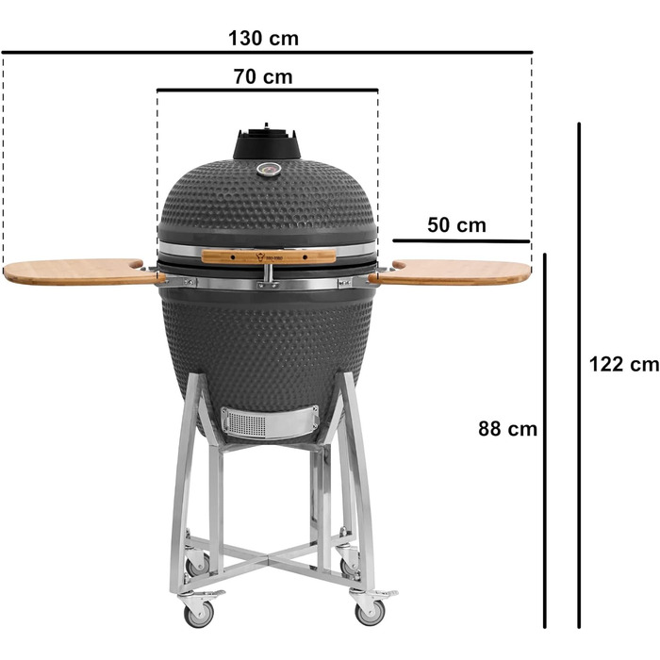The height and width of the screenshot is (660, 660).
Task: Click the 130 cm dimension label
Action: click(x=263, y=39)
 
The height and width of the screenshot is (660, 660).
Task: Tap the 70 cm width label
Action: click(x=263, y=76)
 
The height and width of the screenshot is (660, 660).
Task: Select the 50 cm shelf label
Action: click(x=456, y=225)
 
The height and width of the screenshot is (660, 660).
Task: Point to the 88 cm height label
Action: click(x=507, y=429)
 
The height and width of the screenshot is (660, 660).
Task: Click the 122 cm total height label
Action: click(x=624, y=364)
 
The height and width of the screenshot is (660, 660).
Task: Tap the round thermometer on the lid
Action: click(x=269, y=170)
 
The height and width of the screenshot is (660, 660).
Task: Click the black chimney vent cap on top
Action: click(x=267, y=142)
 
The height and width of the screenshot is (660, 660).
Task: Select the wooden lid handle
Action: click(x=269, y=256)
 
